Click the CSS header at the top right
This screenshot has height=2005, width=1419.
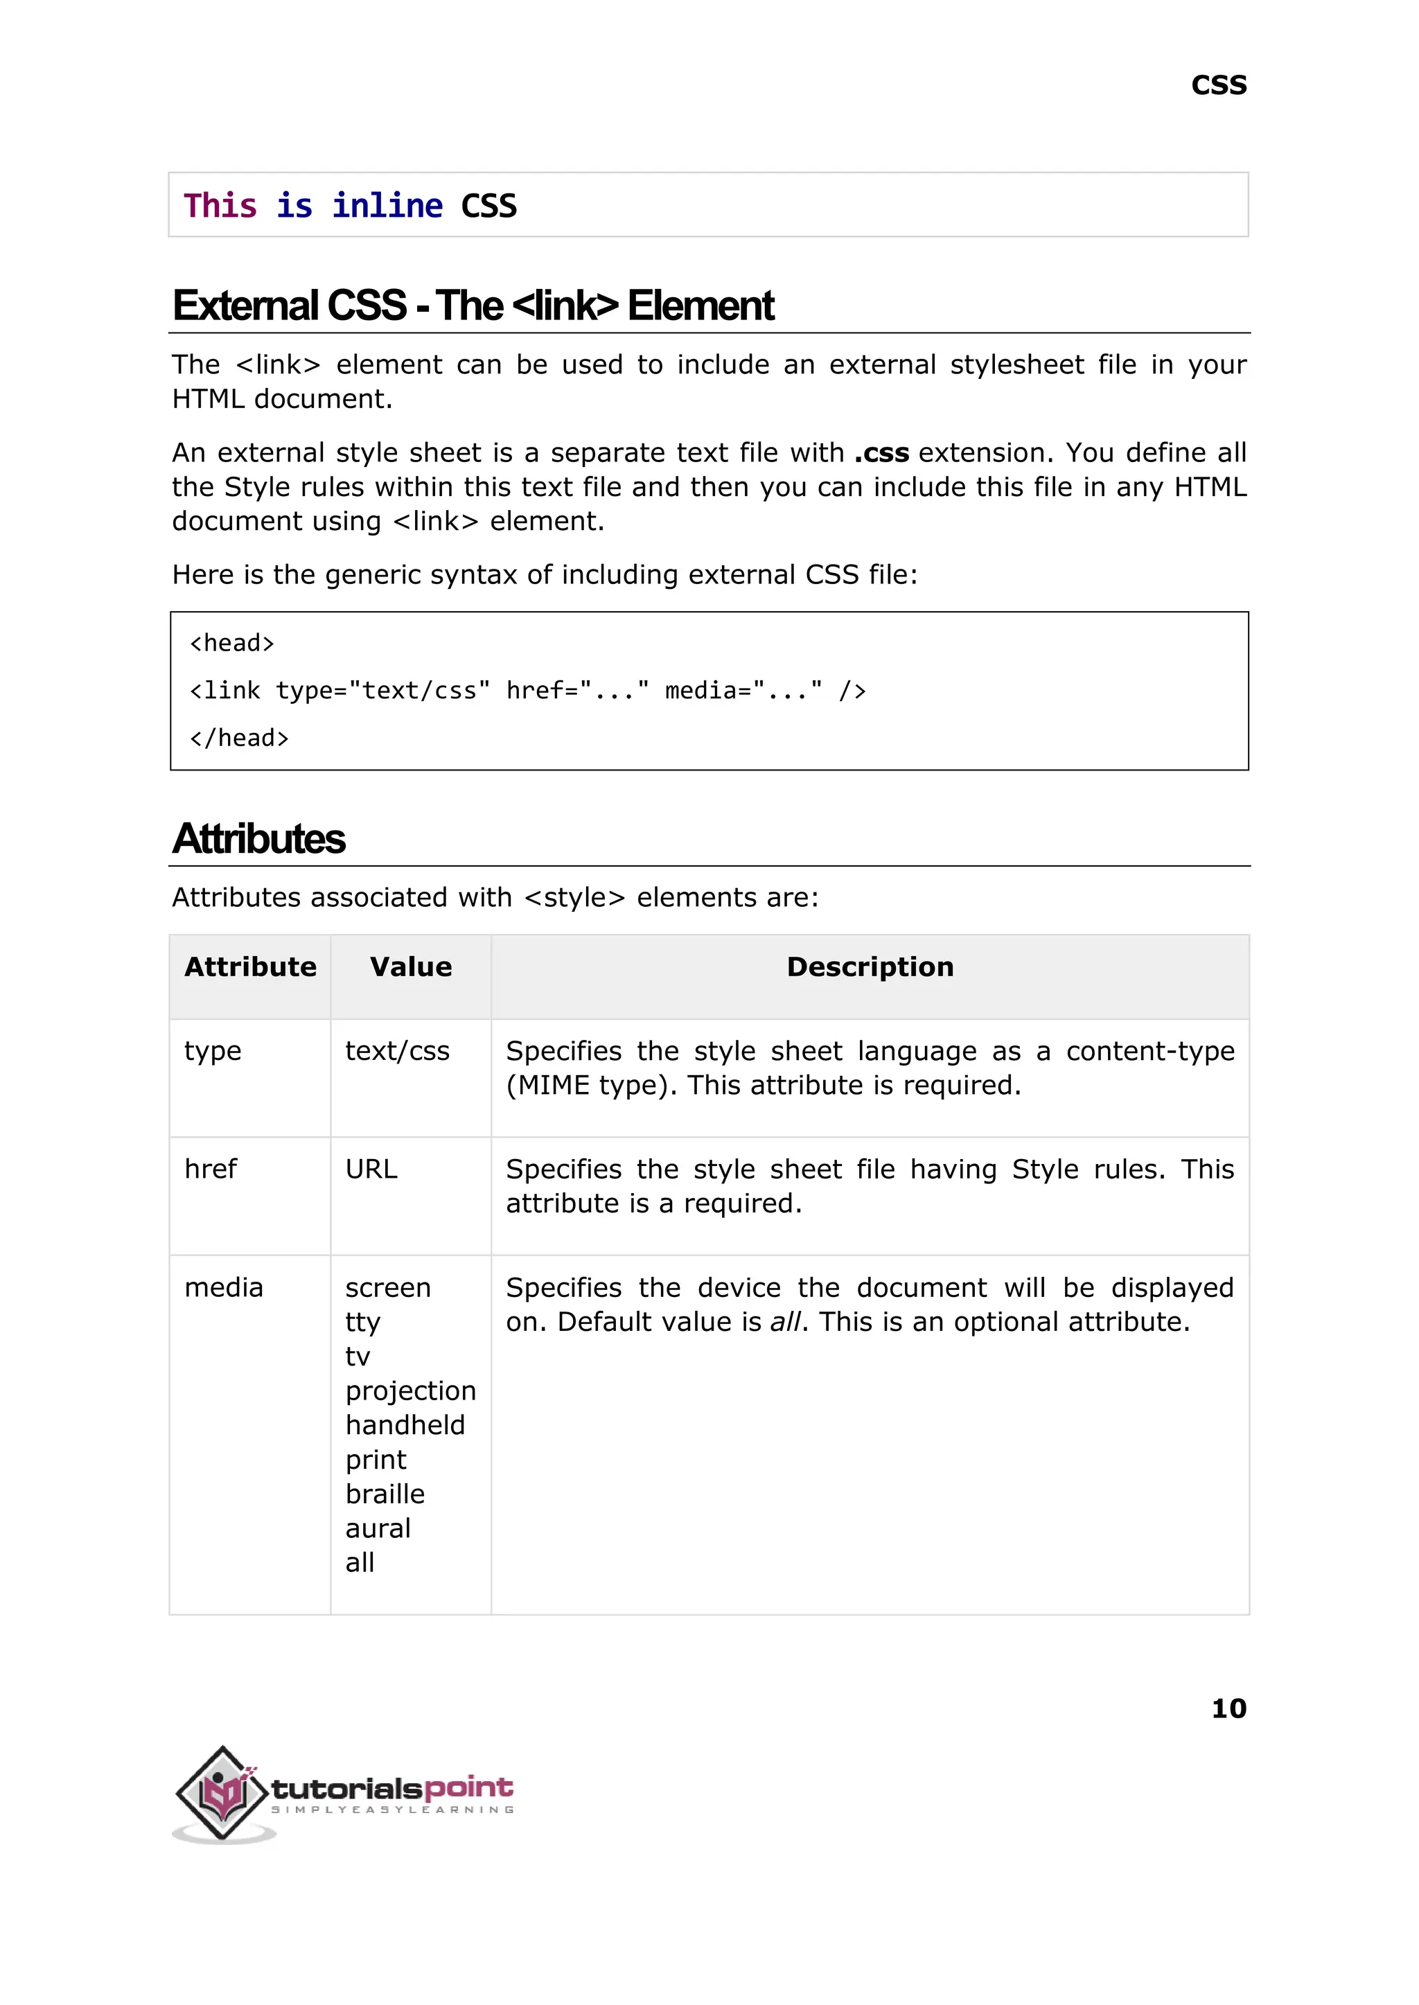coord(1218,86)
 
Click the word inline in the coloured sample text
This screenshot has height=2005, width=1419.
coord(387,206)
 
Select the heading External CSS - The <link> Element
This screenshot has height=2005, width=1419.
coord(473,306)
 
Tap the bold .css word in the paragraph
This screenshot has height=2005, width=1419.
coord(881,452)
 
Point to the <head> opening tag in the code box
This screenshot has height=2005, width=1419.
coord(231,644)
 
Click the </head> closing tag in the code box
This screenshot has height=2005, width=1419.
coord(238,739)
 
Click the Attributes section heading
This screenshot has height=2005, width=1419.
coord(258,839)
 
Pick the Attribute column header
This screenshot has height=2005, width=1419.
coord(250,967)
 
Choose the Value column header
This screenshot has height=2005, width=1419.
coord(411,967)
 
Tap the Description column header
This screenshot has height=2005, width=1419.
coord(870,967)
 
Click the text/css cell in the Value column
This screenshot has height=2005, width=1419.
coord(397,1051)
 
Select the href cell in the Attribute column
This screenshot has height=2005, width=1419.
coord(211,1169)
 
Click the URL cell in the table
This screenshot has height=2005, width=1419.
coord(371,1169)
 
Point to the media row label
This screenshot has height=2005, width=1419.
coord(224,1288)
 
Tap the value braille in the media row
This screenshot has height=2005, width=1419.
coord(385,1494)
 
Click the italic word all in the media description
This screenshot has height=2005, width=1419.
coord(784,1322)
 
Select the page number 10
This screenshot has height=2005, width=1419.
coord(1228,1708)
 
